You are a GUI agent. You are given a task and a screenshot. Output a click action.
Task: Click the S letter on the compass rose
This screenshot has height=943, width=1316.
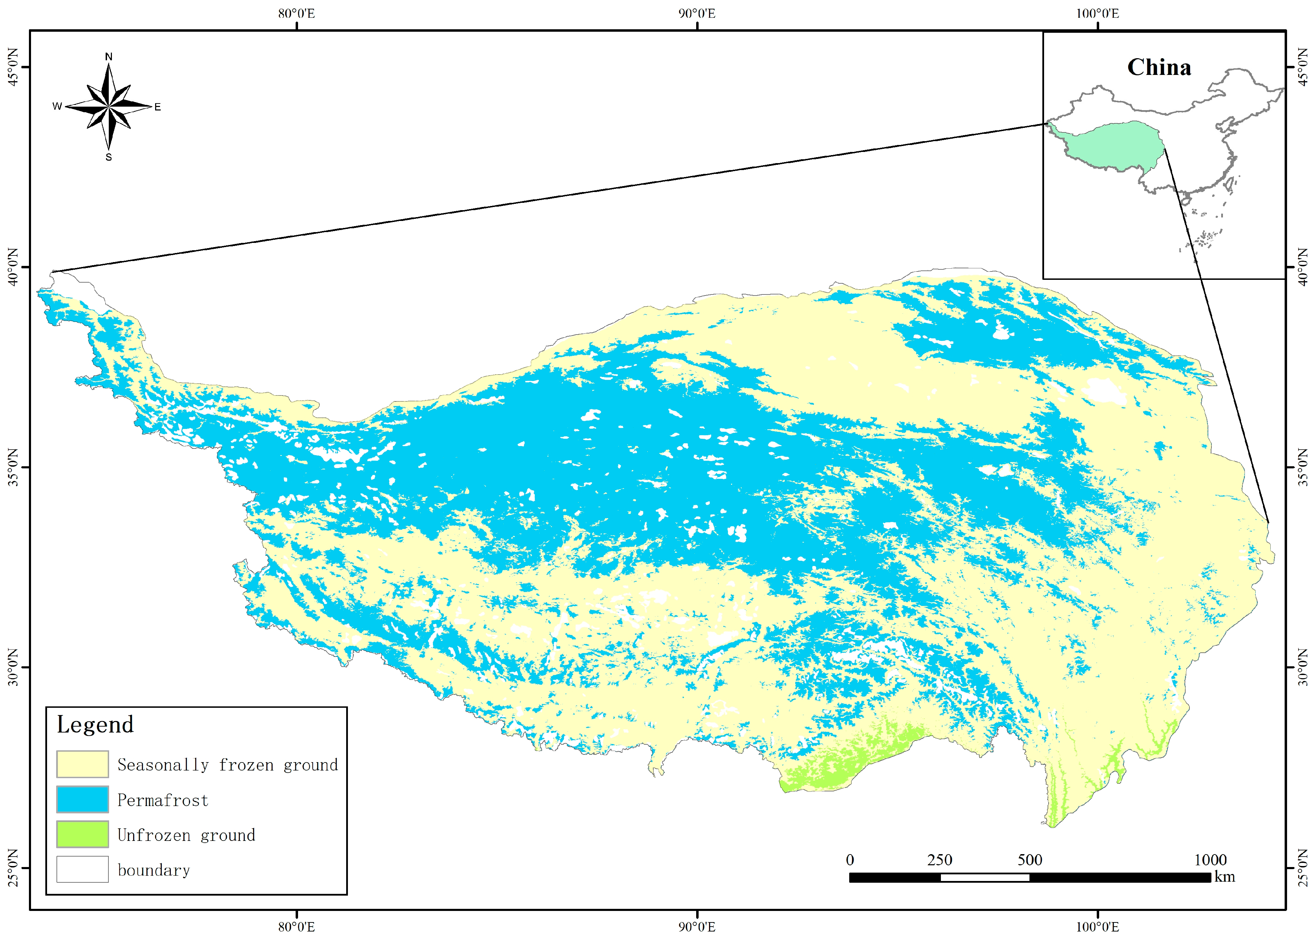pos(108,157)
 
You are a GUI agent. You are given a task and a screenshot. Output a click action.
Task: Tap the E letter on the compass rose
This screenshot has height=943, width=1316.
pos(157,107)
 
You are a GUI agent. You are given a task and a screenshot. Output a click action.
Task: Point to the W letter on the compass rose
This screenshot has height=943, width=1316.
pos(57,106)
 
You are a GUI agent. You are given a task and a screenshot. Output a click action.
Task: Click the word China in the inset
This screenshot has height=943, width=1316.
pos(1159,67)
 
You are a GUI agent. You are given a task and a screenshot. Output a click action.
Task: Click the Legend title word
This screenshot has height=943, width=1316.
pos(95,724)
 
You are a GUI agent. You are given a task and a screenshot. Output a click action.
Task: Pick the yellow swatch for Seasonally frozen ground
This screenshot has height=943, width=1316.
pos(82,764)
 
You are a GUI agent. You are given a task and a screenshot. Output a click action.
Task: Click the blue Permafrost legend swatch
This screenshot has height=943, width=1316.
pos(82,799)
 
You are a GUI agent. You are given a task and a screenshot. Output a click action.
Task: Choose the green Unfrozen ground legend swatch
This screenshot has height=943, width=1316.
pos(82,834)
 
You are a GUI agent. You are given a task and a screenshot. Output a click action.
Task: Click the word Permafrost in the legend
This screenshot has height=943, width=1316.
pos(162,800)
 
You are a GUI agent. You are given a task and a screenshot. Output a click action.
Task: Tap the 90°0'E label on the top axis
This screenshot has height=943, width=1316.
pos(697,13)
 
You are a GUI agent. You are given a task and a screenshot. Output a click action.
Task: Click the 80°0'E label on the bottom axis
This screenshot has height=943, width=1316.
pos(297,927)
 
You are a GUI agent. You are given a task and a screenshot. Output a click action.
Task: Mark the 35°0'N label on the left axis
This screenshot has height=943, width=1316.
pos(13,467)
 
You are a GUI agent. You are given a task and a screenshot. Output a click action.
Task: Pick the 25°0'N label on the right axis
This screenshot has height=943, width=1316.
pos(1303,868)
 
